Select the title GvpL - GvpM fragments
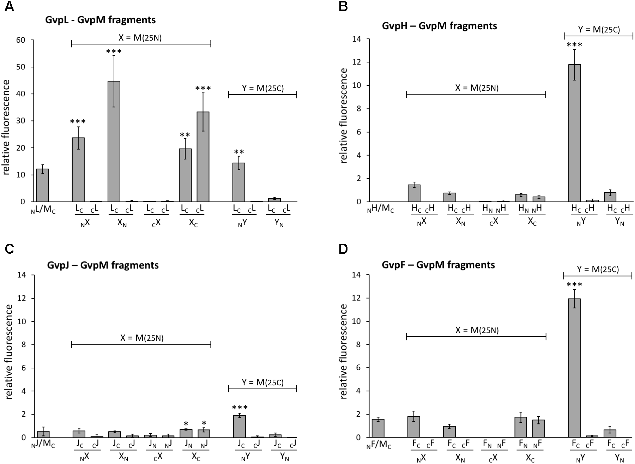[x=101, y=20]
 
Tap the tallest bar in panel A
[x=114, y=141]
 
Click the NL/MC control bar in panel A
[x=43, y=185]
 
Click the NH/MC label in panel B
[x=381, y=210]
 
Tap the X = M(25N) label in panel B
[x=477, y=88]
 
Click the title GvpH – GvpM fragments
[x=439, y=26]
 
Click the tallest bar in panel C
[x=240, y=426]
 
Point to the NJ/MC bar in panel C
[x=43, y=434]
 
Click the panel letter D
[x=343, y=249]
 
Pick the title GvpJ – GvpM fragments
[x=103, y=265]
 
